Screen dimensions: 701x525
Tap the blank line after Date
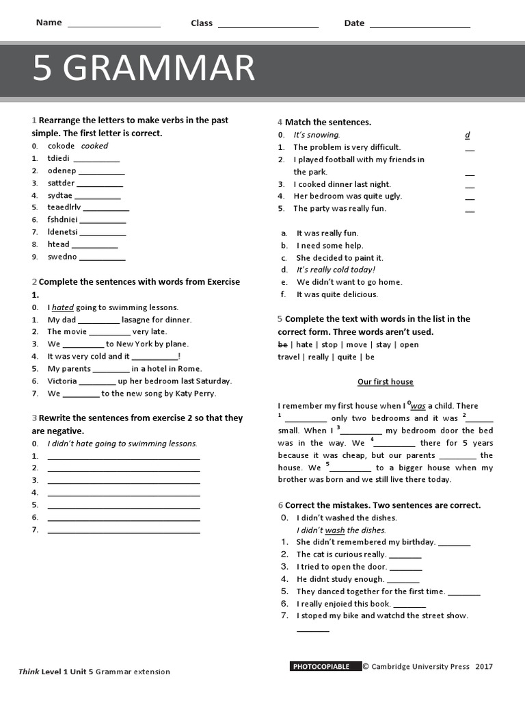tap(419, 25)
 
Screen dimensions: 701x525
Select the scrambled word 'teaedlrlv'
tap(64, 207)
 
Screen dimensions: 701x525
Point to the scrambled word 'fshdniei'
tap(63, 220)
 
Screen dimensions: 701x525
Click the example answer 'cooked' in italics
tap(94, 146)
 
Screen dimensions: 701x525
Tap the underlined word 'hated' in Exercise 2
tap(62, 307)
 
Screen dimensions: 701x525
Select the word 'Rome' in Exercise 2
tap(190, 369)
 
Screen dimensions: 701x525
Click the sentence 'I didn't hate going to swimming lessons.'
tap(122, 444)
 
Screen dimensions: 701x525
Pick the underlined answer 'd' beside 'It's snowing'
tap(468, 135)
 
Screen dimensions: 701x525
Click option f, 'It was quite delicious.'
tap(336, 294)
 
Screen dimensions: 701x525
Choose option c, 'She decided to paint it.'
tap(340, 258)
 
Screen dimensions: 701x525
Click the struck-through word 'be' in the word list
tap(282, 344)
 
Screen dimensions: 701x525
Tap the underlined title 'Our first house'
tap(385, 382)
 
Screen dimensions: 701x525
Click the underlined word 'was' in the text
tap(418, 406)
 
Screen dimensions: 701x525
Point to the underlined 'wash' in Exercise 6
tap(334, 530)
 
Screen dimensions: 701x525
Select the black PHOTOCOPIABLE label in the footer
tap(322, 666)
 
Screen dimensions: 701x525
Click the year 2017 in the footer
tap(483, 666)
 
